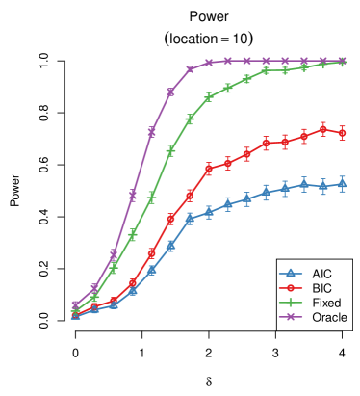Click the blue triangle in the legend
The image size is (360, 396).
click(290, 273)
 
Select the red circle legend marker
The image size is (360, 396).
click(290, 287)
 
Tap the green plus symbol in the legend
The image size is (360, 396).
click(290, 302)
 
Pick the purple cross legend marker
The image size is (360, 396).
click(290, 316)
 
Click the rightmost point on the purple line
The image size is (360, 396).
click(342, 61)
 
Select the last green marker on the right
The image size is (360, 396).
click(342, 62)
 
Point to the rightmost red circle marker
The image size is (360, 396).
click(342, 133)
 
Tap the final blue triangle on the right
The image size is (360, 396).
click(342, 183)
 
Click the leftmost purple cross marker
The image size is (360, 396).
click(75, 304)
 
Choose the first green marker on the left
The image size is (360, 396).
click(75, 310)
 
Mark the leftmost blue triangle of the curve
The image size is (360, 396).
click(75, 315)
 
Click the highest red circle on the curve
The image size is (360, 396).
click(322, 129)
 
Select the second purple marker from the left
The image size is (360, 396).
click(94, 289)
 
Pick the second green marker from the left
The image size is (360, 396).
click(94, 297)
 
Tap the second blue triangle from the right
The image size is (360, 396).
click(322, 186)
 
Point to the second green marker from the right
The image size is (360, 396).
click(322, 64)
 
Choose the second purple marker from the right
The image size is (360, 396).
click(322, 61)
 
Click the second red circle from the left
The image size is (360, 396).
click(94, 306)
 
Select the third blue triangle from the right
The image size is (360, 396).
click(303, 184)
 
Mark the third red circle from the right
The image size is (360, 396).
click(303, 137)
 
